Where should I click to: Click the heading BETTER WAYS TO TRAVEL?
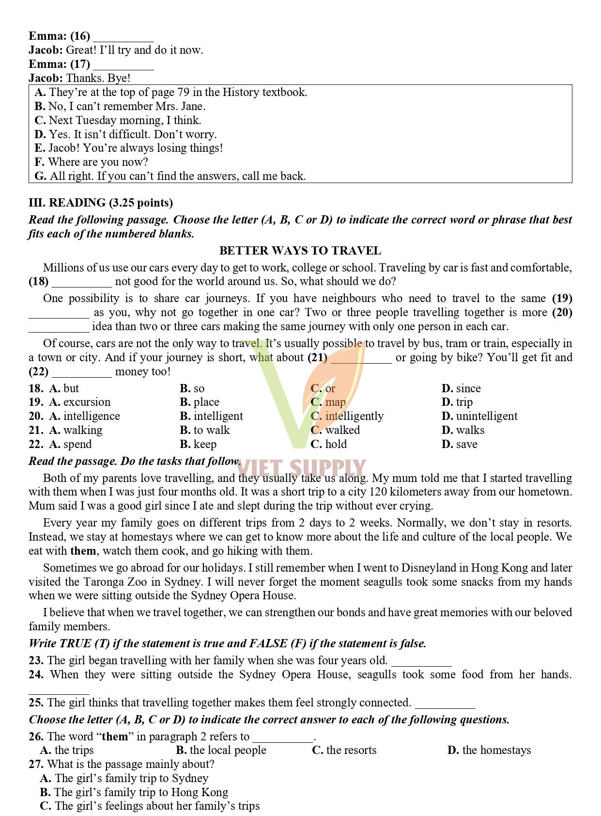(x=300, y=251)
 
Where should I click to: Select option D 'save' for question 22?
(x=466, y=444)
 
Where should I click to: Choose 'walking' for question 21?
(x=82, y=430)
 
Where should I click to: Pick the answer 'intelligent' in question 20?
(x=218, y=416)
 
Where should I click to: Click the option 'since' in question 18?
(x=468, y=388)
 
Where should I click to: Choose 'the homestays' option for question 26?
(x=496, y=750)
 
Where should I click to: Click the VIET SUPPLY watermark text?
(x=301, y=468)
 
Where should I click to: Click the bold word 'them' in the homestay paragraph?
(x=83, y=551)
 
